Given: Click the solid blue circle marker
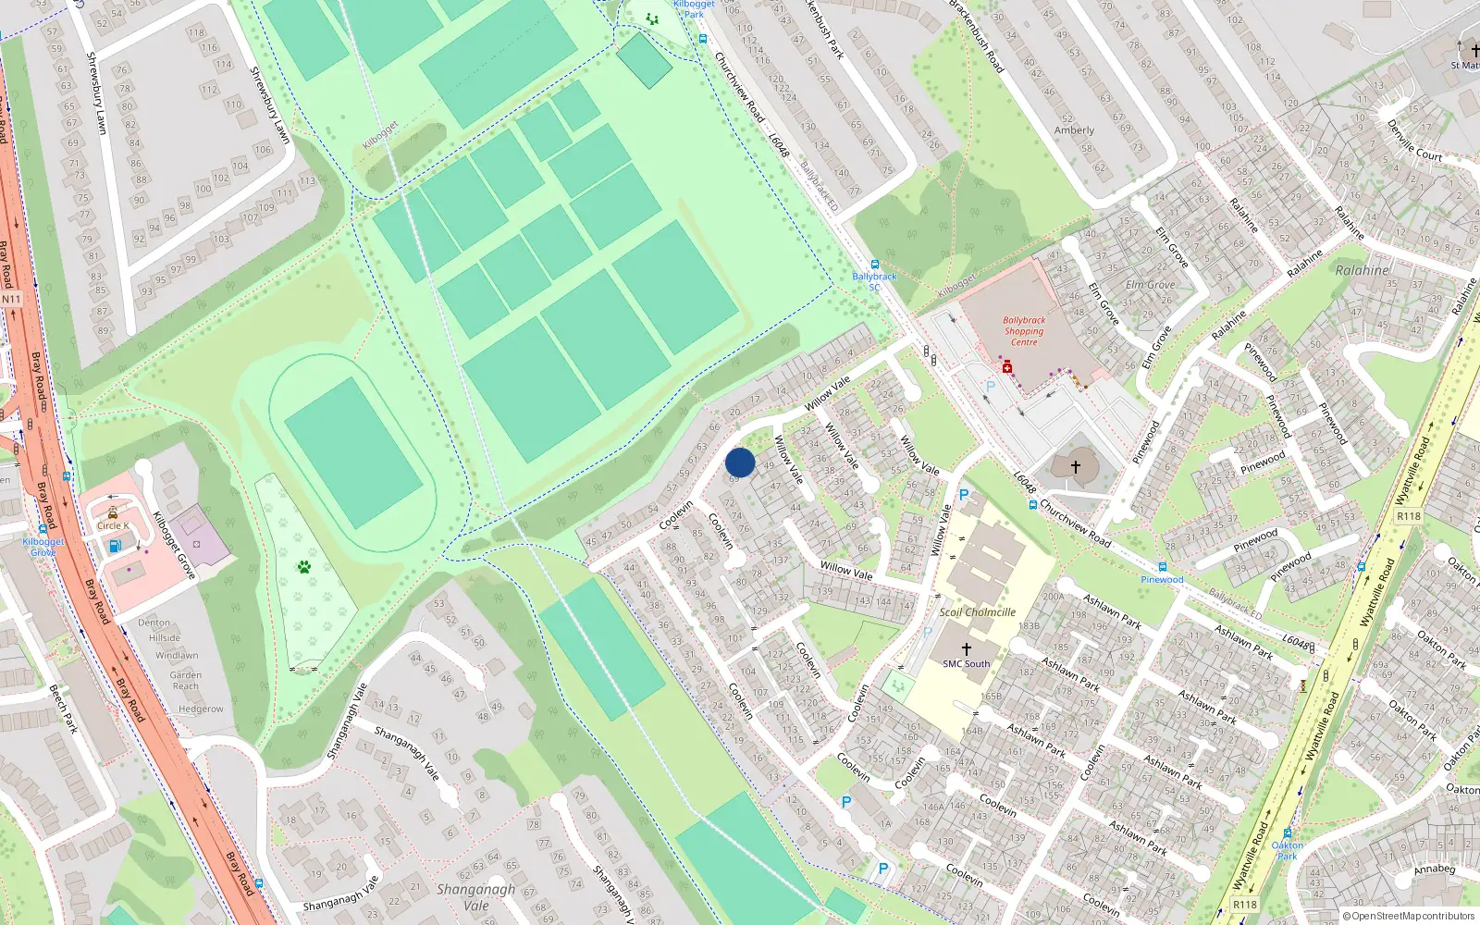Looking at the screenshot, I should (x=740, y=462).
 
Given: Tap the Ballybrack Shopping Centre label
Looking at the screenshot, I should (x=1024, y=331).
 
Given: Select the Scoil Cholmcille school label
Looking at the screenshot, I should (x=978, y=612).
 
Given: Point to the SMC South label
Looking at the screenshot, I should (x=966, y=663).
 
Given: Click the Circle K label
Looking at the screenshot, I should (x=113, y=525).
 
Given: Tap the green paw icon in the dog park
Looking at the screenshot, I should (x=303, y=566).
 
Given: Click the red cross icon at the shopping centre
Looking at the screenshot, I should (x=1007, y=367).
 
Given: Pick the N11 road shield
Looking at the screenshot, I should (x=11, y=300).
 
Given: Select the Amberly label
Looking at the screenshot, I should (x=1074, y=130).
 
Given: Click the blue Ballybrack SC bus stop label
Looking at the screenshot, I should (x=874, y=281).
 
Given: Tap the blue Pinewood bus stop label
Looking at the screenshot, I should (x=1162, y=579).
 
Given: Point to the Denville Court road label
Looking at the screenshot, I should (x=1414, y=141).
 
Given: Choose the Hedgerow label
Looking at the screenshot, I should (x=201, y=709).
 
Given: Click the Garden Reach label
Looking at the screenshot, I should (x=186, y=680).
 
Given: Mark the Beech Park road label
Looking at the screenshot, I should (x=62, y=709).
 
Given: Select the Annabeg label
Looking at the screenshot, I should (x=1435, y=869).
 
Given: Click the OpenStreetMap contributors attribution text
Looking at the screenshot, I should (x=1409, y=916).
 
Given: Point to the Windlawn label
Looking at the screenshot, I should (x=177, y=655).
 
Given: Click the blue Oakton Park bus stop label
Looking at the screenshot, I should (x=1287, y=850).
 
